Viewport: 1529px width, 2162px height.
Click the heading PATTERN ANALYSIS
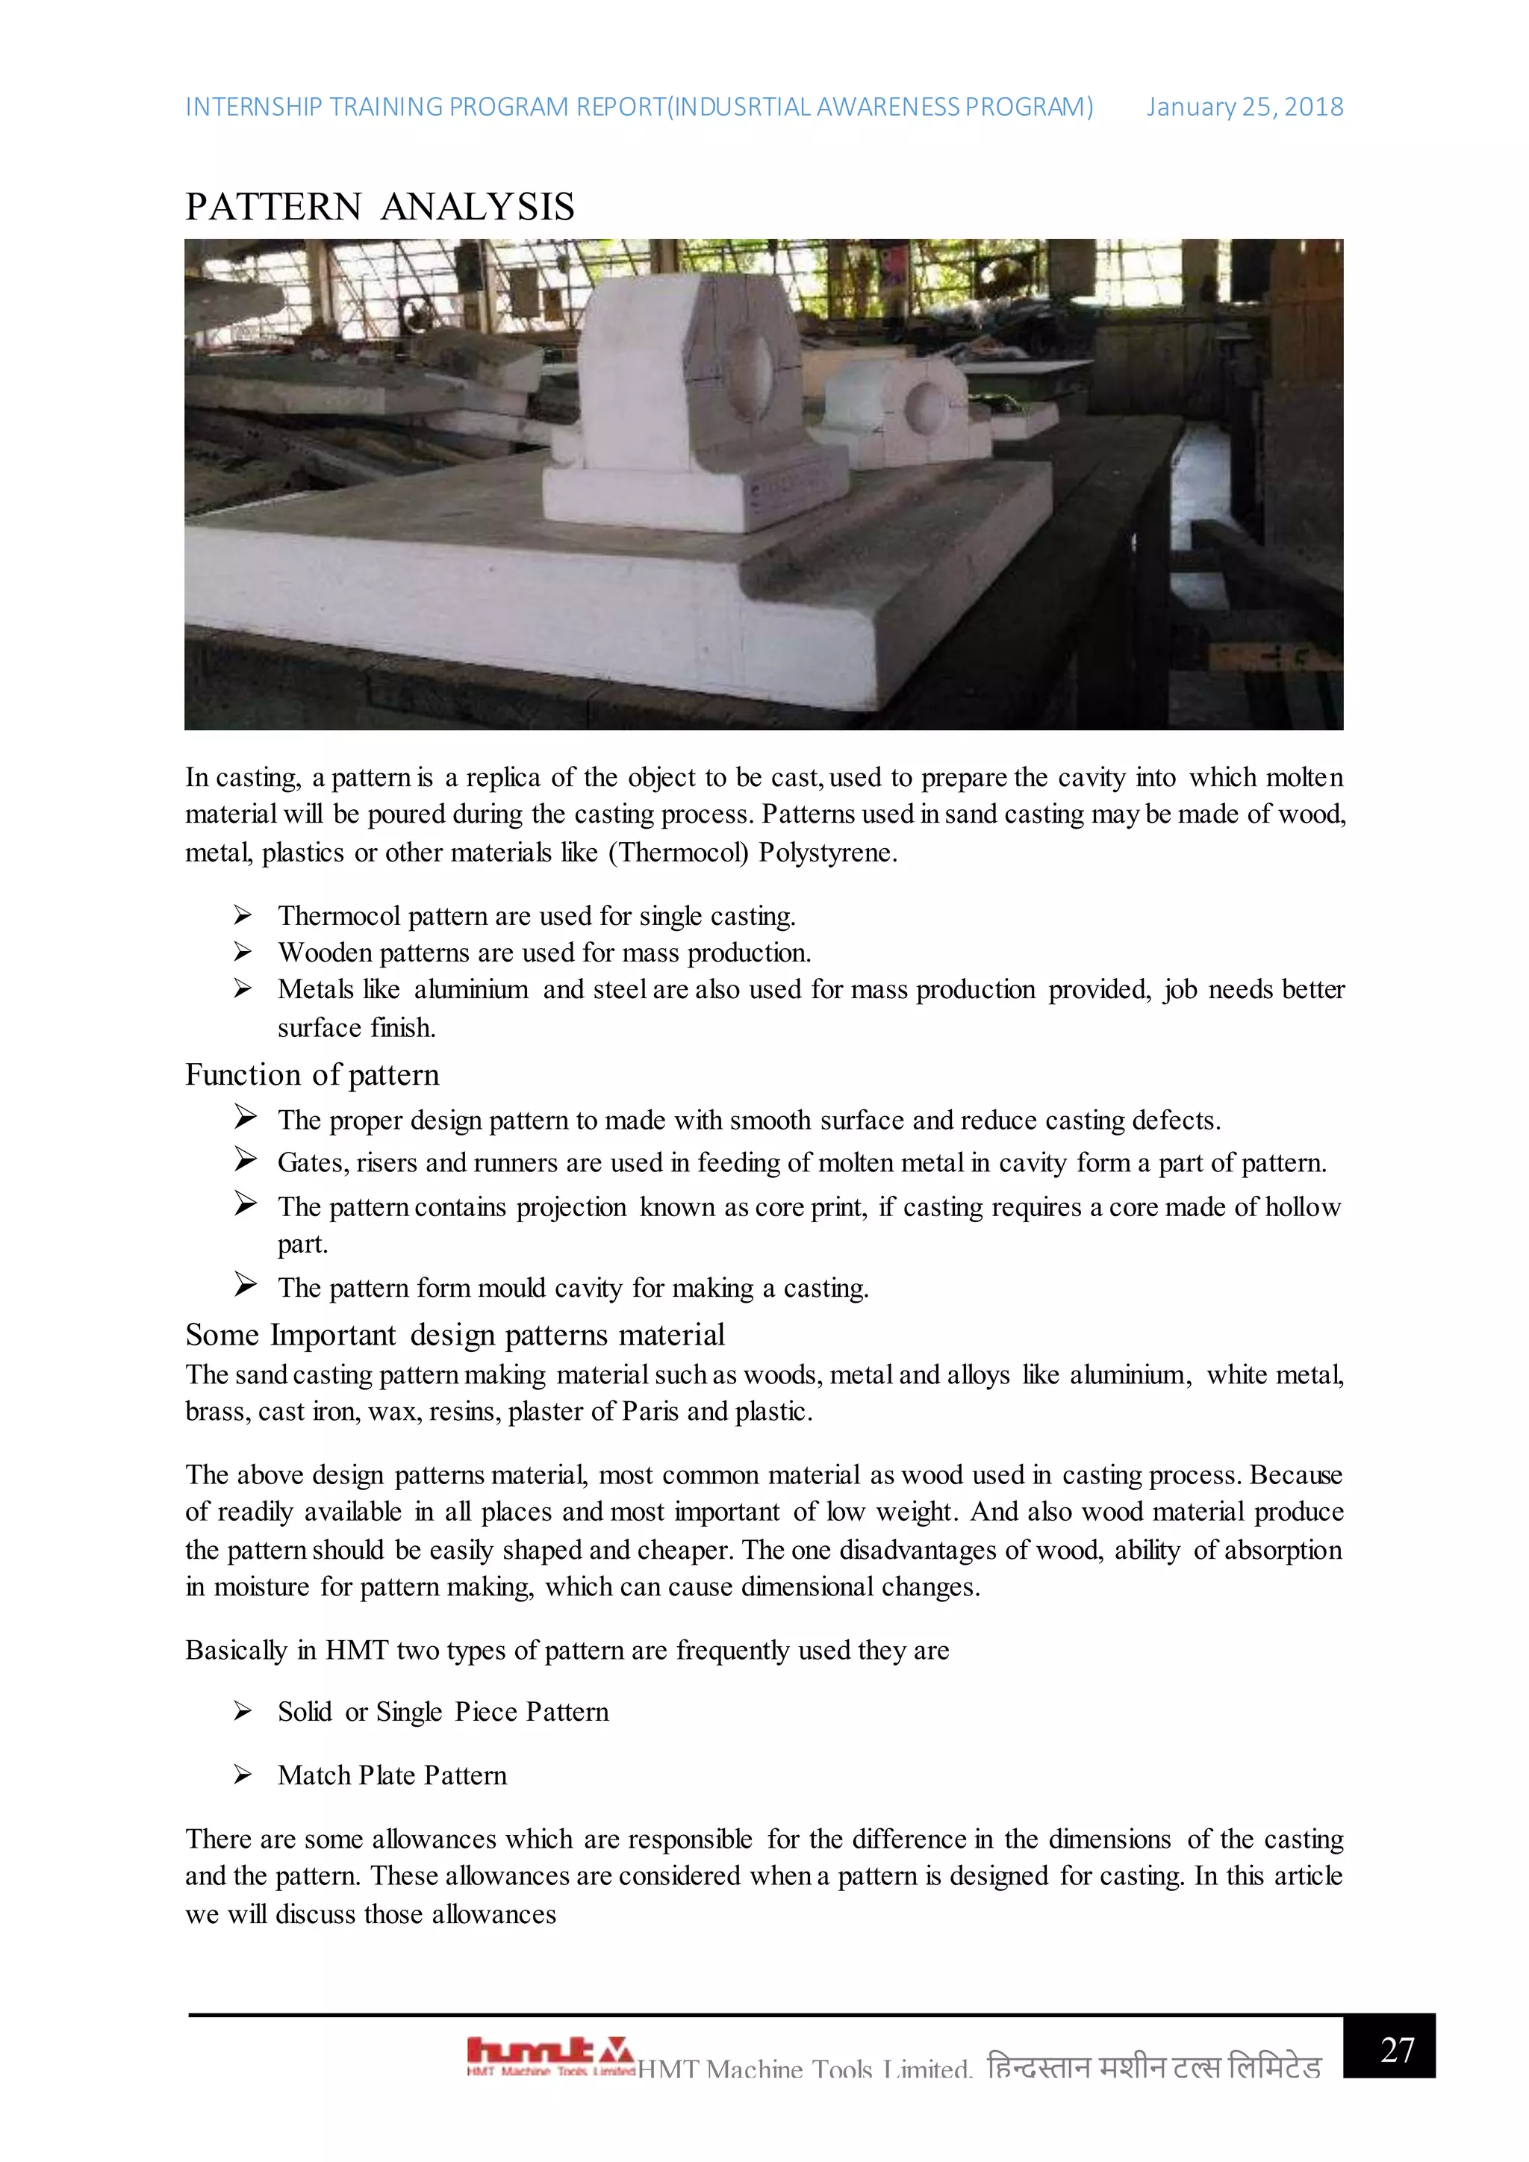(x=379, y=207)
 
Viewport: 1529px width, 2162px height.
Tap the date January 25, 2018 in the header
(x=1244, y=108)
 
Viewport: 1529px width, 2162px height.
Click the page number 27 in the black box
(x=1397, y=2049)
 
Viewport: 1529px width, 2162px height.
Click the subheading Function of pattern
(x=311, y=1074)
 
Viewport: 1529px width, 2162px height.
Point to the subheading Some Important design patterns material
(x=455, y=1334)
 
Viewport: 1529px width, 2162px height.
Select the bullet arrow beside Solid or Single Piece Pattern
(x=243, y=1711)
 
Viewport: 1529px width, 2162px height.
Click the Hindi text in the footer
(x=1153, y=2067)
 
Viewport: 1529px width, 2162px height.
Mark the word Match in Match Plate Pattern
(x=314, y=1775)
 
